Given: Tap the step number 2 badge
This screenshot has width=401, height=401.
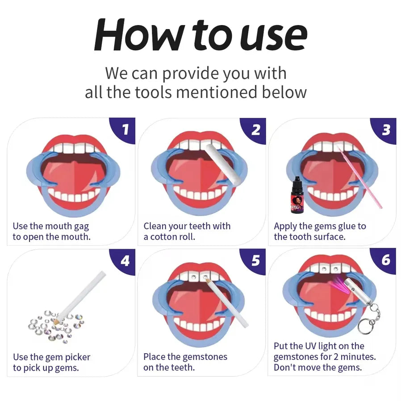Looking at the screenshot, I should coord(255,129).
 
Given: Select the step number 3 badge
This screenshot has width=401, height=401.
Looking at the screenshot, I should coord(386,129).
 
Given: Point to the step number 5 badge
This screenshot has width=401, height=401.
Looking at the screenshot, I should coord(255,260).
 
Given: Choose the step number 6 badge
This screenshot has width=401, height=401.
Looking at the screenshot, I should coord(386,260).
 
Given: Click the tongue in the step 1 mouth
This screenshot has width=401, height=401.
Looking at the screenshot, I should coord(71,172).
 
